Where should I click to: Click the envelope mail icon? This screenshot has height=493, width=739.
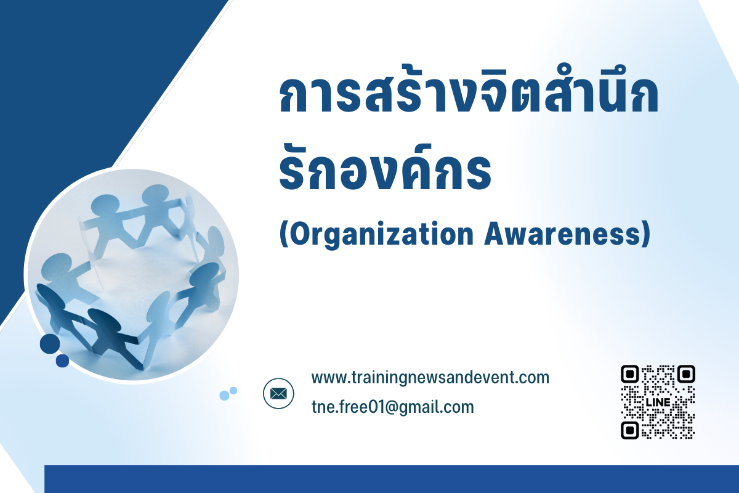278,393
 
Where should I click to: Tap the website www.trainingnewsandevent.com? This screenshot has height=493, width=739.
430,378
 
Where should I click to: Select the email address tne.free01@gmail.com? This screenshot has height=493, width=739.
393,407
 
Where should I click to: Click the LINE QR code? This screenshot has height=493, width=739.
658,402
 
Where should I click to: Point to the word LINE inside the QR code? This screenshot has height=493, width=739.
658,402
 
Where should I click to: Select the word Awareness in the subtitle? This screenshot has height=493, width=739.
562,234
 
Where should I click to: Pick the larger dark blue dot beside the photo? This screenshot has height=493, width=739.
50,344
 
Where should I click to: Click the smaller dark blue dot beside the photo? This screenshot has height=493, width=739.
62,361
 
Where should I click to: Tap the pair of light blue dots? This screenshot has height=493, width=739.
228,394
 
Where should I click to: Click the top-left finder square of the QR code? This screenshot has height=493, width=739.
630,374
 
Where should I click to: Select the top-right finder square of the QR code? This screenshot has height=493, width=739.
686,374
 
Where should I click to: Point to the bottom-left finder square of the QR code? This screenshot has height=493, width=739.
630,430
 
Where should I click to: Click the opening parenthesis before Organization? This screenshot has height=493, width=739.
284,234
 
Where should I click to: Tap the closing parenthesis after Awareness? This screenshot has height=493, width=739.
646,234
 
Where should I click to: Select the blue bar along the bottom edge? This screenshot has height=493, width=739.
392,479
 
